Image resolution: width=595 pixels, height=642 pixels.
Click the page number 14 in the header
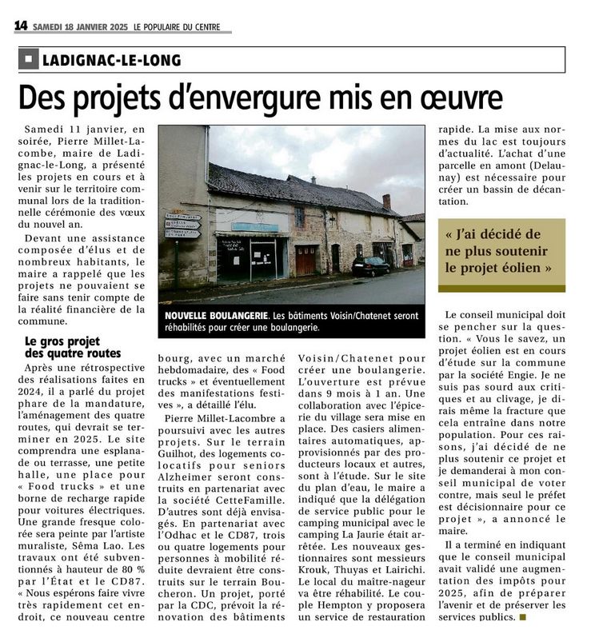coord(21,26)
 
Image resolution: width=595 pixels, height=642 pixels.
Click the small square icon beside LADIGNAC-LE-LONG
coord(29,60)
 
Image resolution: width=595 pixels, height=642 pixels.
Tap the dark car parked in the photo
coord(371,266)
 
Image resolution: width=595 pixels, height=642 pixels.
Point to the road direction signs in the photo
coord(182,225)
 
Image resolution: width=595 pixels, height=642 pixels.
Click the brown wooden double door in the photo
coord(305,260)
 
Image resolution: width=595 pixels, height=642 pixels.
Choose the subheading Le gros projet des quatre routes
coord(73,348)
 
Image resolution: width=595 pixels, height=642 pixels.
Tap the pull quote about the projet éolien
coord(501,251)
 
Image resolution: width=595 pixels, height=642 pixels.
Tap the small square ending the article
coord(524,617)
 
